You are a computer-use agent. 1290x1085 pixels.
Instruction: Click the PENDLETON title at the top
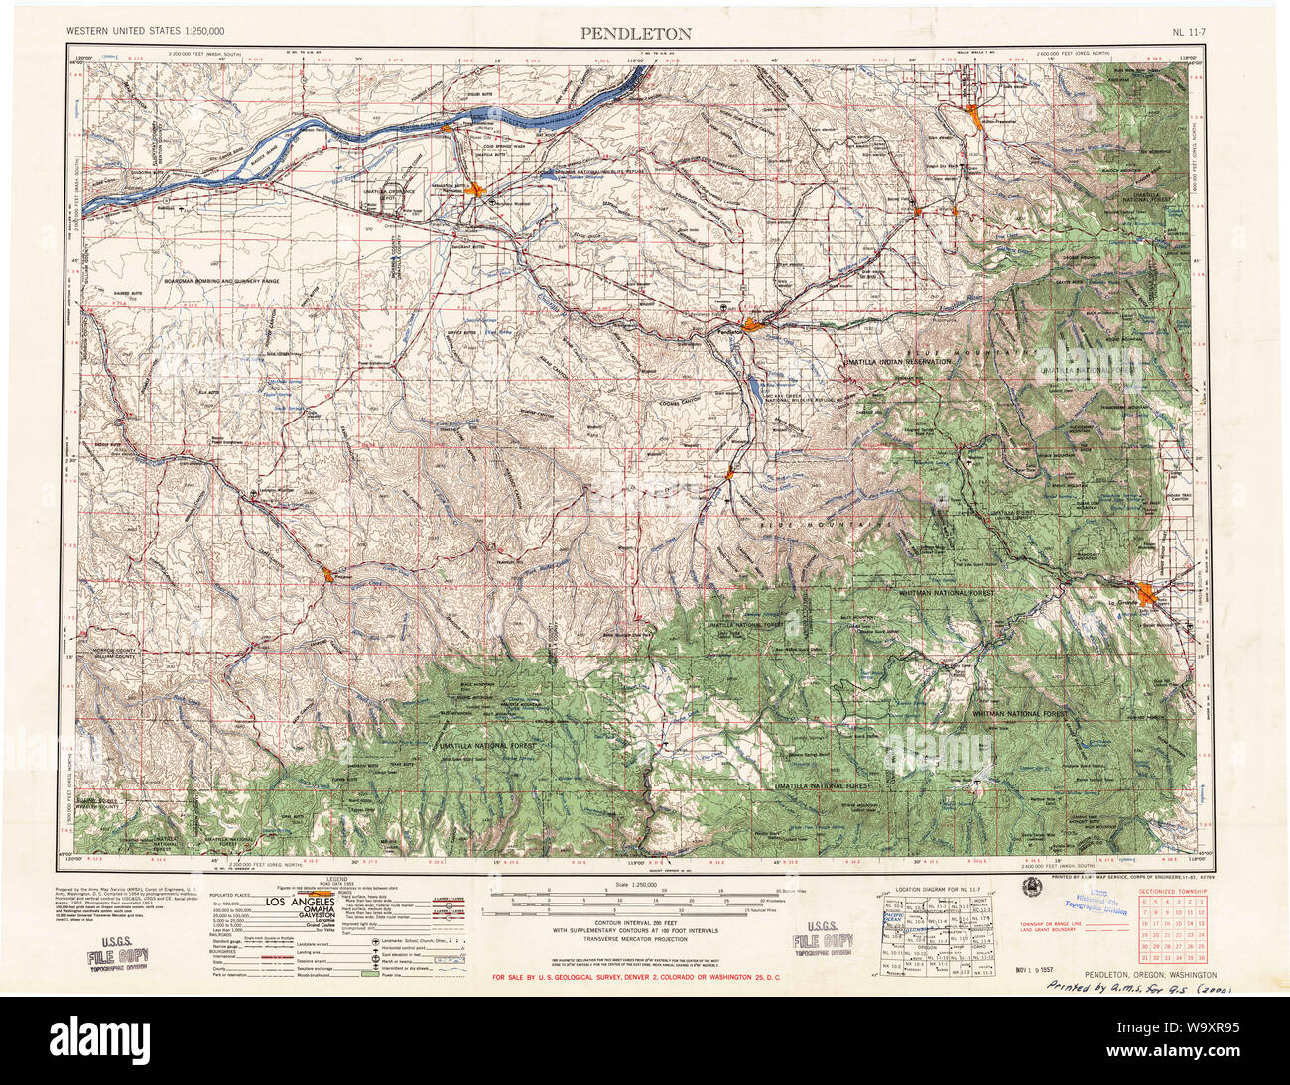coord(637,33)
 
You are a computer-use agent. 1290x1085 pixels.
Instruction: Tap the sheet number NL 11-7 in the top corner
coord(1191,33)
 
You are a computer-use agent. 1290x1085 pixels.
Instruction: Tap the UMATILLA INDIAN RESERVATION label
coord(897,363)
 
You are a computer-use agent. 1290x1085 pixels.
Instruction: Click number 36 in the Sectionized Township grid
coord(1201,957)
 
